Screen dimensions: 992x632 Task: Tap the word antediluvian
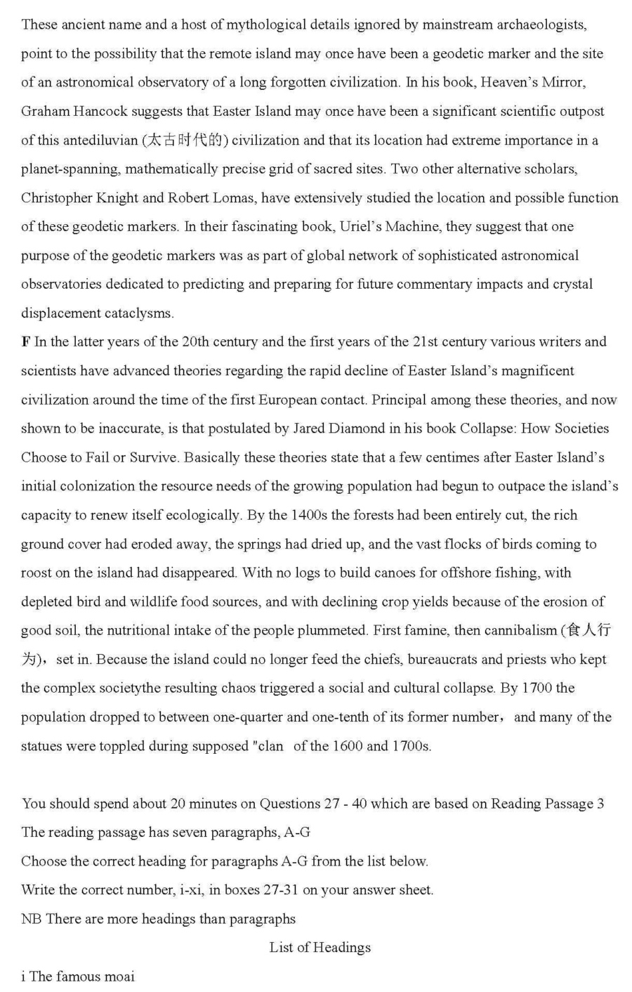point(100,140)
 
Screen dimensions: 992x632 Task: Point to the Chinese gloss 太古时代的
point(185,140)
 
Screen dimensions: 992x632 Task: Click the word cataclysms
point(139,313)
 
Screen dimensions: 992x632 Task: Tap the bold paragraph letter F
point(26,342)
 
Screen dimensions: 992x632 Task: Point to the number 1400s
point(308,515)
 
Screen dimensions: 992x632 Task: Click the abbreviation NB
point(31,919)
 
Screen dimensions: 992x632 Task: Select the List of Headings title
point(320,948)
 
